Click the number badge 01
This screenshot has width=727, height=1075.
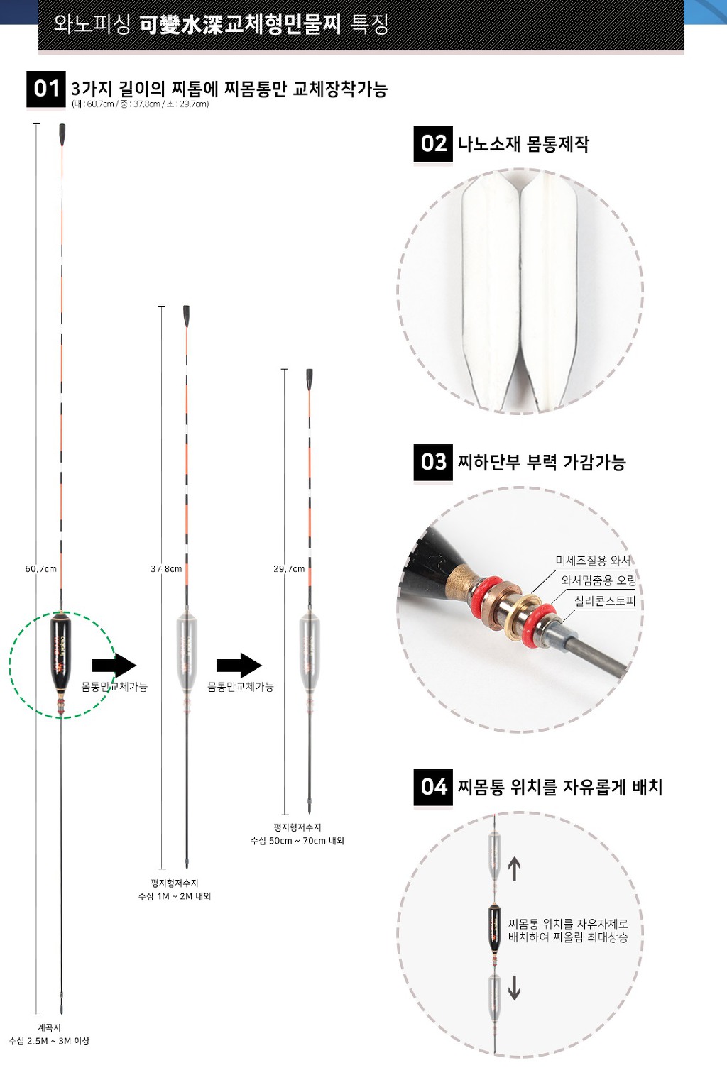click(46, 89)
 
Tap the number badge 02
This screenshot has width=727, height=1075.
click(433, 144)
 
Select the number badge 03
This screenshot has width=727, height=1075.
click(433, 462)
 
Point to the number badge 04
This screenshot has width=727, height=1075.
click(433, 787)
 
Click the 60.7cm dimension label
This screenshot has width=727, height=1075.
click(40, 568)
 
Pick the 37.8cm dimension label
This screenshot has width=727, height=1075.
click(166, 568)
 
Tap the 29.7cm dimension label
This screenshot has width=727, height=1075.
click(289, 568)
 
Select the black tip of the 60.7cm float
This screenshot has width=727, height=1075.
click(62, 133)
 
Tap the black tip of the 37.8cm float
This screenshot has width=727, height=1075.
click(186, 316)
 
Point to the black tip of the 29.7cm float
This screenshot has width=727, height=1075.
click(310, 379)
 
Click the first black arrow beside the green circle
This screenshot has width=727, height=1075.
click(114, 666)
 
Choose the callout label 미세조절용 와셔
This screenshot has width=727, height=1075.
click(593, 560)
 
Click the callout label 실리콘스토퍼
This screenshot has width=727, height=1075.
click(604, 601)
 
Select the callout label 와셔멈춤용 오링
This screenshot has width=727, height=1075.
click(598, 580)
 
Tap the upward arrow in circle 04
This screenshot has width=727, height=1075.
click(515, 869)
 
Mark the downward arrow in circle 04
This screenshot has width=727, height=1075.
click(515, 987)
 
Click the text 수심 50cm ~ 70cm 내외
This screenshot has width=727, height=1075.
click(297, 840)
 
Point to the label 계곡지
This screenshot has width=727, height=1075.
click(49, 1027)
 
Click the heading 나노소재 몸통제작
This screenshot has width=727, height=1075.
click(523, 144)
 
